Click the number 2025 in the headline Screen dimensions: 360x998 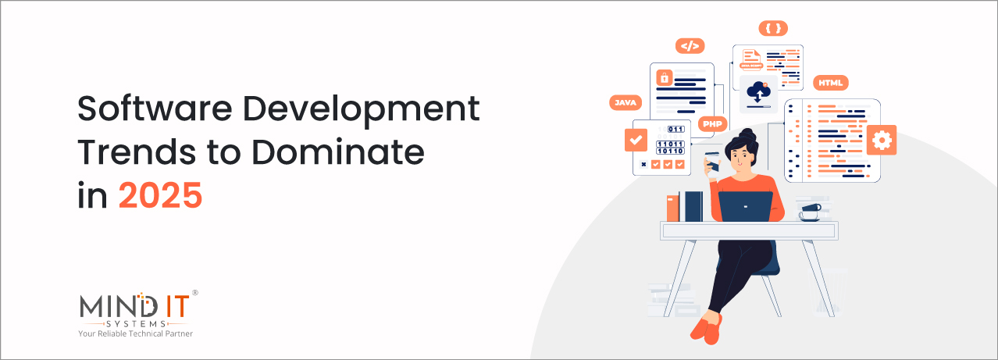(160, 195)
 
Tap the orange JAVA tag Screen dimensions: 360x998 (626, 102)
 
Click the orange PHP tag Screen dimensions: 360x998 (712, 123)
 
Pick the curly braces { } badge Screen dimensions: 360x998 (773, 29)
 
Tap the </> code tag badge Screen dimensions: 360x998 (690, 46)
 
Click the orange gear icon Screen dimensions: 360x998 (882, 140)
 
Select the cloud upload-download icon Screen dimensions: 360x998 (757, 93)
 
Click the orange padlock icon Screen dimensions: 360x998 (664, 77)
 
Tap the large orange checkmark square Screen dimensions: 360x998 (636, 140)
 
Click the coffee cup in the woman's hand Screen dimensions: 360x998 (712, 159)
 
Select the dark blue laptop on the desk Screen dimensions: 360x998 (745, 206)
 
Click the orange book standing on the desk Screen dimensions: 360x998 (672, 207)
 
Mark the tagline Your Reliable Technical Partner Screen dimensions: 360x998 (134, 333)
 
